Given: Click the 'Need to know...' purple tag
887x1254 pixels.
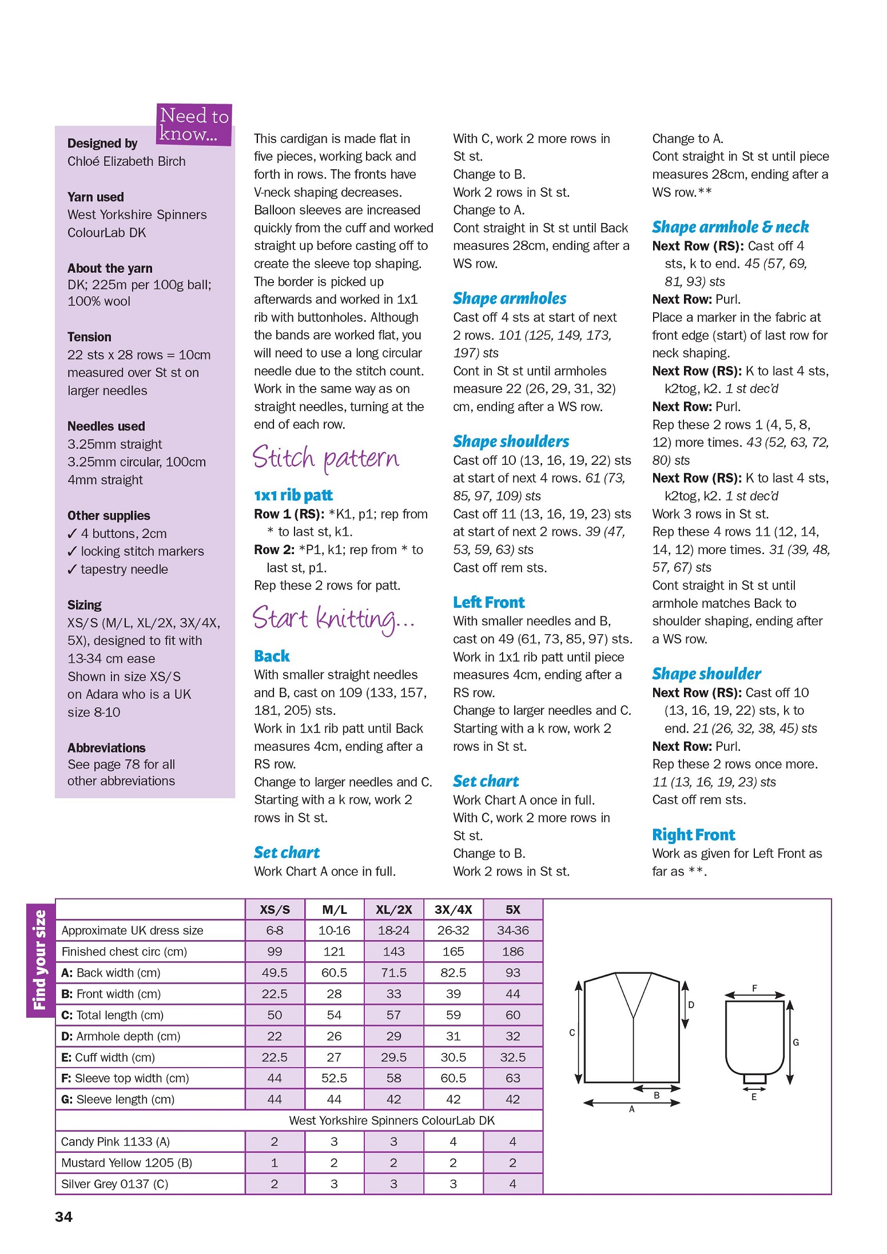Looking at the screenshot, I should tap(194, 125).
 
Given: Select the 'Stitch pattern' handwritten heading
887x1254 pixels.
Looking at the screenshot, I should tap(325, 458).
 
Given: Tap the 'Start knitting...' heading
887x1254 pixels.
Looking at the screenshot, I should tap(333, 619).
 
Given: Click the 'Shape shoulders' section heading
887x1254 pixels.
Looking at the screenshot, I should tap(511, 441).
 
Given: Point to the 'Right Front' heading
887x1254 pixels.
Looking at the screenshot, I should tap(693, 835).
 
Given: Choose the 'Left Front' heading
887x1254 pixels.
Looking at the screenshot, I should tap(488, 602).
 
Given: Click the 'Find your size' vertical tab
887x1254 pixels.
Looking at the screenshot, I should tap(40, 959).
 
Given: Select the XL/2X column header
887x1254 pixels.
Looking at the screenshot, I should tap(393, 910).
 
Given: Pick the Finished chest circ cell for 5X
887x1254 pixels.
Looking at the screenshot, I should tap(512, 952).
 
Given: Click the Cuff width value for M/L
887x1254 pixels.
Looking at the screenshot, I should tap(334, 1057).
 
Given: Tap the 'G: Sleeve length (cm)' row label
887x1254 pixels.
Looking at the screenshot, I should tap(118, 1099).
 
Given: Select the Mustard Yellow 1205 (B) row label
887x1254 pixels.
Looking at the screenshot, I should tap(126, 1163).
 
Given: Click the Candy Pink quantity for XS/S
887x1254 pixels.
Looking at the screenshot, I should tap(275, 1141).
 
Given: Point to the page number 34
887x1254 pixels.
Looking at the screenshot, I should tap(63, 1217).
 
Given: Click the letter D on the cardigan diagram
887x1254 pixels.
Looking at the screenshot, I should tap(691, 1005).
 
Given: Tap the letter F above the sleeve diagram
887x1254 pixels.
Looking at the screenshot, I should tap(754, 988).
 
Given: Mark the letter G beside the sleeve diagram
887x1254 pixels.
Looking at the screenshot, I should tap(795, 1042).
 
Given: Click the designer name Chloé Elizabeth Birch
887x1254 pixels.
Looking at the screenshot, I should tap(126, 161).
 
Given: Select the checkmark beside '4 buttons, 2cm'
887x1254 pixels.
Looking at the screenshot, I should tap(72, 534).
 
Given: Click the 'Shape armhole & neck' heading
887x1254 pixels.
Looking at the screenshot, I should tap(730, 227).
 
